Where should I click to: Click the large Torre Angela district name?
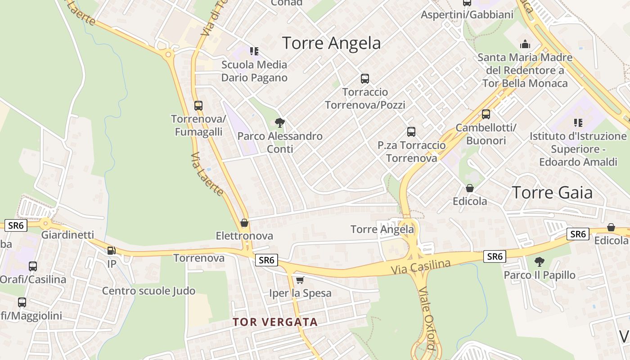pyautogui.click(x=331, y=43)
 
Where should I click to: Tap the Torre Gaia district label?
pyautogui.click(x=552, y=193)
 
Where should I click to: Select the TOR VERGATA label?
pyautogui.click(x=275, y=322)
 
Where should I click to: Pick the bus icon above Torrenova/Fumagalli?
pyautogui.click(x=198, y=106)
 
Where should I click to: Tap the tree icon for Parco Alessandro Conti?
pyautogui.click(x=280, y=122)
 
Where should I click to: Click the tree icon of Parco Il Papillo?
pyautogui.click(x=539, y=261)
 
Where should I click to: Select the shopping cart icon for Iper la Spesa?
pyautogui.click(x=300, y=280)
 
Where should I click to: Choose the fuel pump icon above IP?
pyautogui.click(x=111, y=250)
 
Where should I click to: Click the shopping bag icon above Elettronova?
pyautogui.click(x=244, y=223)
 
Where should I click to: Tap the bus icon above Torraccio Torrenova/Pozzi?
pyautogui.click(x=364, y=79)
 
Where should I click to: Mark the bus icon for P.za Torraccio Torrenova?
pyautogui.click(x=411, y=131)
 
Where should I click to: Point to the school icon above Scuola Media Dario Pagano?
pyautogui.click(x=254, y=51)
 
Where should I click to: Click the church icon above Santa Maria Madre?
pyautogui.click(x=525, y=44)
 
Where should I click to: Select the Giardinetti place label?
pyautogui.click(x=67, y=235)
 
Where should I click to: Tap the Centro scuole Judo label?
pyautogui.click(x=148, y=291)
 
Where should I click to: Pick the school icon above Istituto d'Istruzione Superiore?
pyautogui.click(x=578, y=122)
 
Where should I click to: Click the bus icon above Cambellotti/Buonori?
pyautogui.click(x=486, y=114)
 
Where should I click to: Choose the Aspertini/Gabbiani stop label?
pyautogui.click(x=467, y=15)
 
